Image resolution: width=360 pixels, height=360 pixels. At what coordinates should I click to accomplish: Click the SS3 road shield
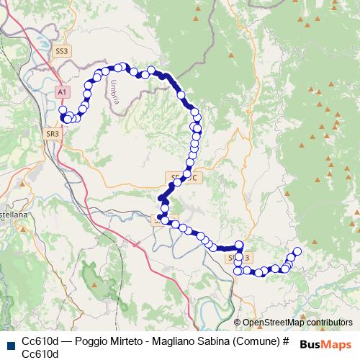(62, 51)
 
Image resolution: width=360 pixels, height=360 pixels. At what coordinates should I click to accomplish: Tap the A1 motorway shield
(63, 92)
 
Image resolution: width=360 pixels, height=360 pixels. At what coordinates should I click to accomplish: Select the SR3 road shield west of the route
(53, 133)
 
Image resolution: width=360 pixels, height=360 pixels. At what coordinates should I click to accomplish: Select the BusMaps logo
(325, 343)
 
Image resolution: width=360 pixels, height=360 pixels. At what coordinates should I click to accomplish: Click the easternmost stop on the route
(296, 251)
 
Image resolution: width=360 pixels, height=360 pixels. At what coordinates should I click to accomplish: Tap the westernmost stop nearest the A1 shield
(63, 109)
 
